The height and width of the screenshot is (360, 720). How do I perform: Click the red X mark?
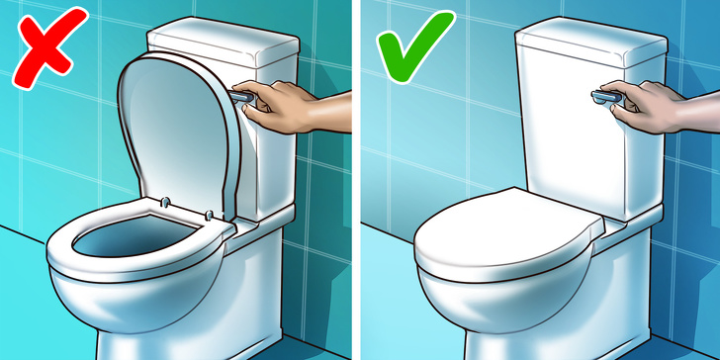(45, 53)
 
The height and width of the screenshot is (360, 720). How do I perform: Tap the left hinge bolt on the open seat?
(165, 201)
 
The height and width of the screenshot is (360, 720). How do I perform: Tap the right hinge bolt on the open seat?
(210, 212)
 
